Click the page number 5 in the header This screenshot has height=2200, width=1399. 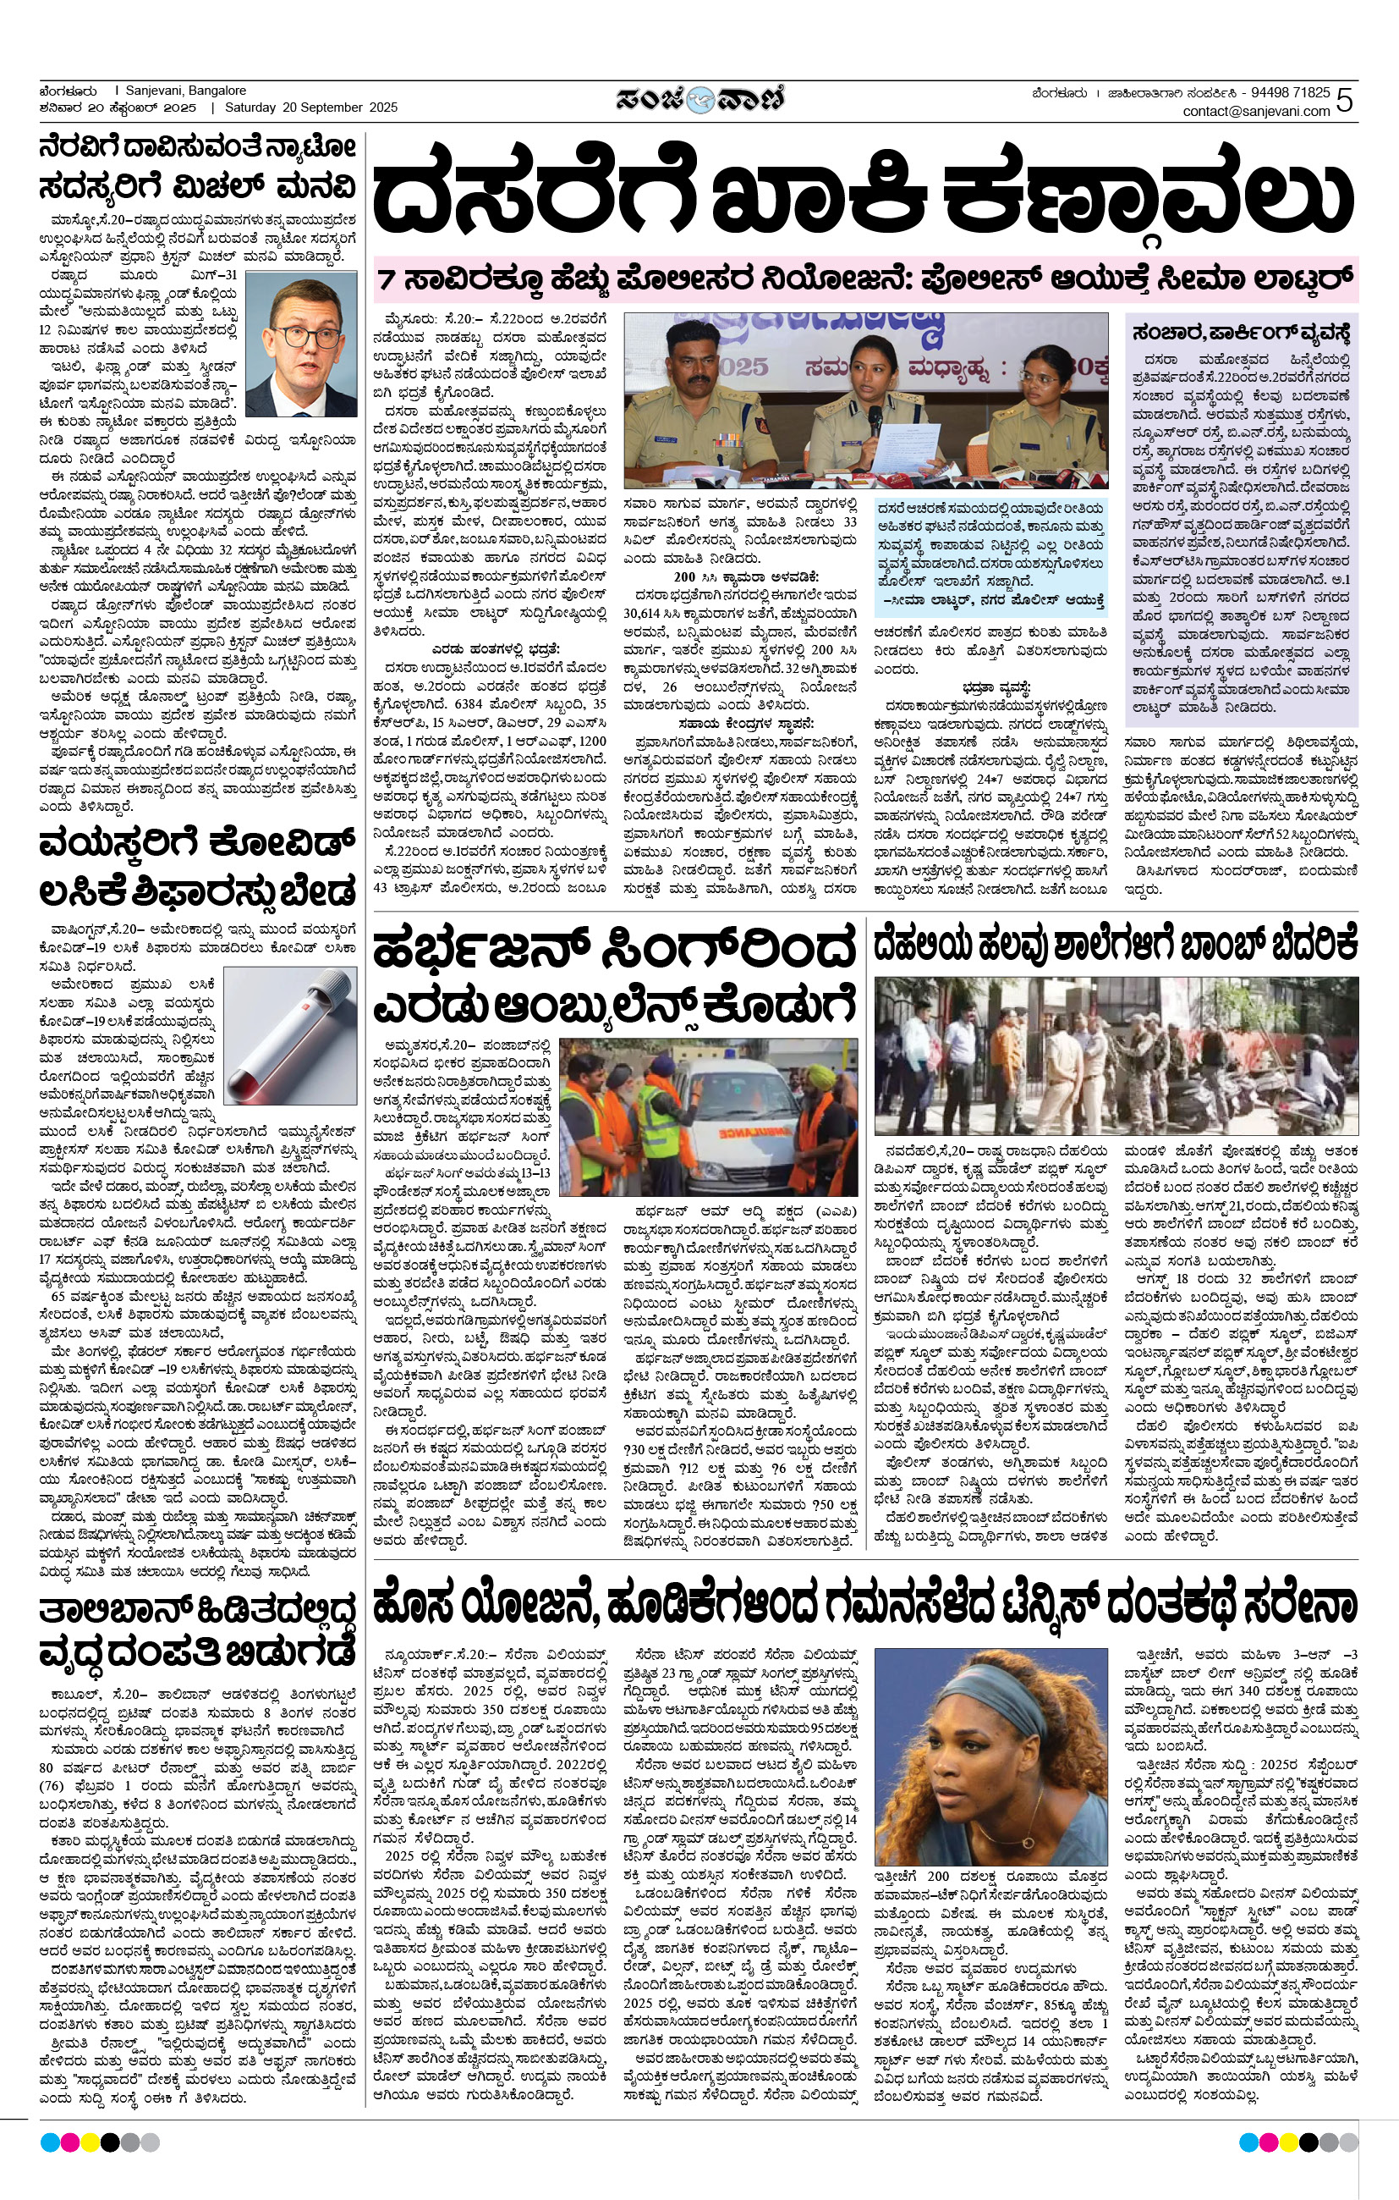point(1344,100)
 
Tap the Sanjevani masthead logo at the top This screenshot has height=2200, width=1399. point(699,100)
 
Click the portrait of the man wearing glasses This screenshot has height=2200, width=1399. point(313,345)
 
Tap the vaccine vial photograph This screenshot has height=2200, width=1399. point(290,1035)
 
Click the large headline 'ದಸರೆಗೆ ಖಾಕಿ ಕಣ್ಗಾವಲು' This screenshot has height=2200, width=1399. point(862,196)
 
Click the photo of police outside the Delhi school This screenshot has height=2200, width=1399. point(1116,1056)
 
